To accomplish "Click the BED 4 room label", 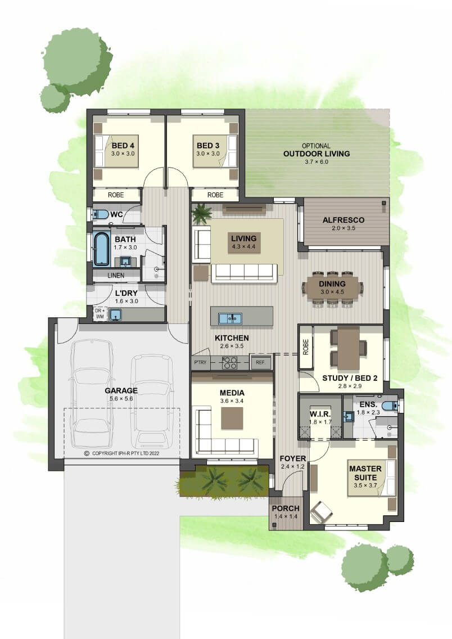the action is coord(123,146).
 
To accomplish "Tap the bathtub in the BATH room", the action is coord(101,249).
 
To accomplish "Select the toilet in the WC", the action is coord(100,214).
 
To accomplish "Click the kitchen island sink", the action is coord(230,318).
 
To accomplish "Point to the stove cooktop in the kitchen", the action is coord(230,362).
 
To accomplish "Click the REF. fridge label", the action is coord(260,362).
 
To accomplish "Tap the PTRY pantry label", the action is coord(200,362).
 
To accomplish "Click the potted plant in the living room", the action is coord(202,213).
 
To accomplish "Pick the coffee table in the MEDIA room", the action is coord(232,418).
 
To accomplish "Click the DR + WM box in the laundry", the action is coord(100,313).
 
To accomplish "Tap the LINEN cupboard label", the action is coord(116,276).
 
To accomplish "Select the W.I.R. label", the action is coord(320,414).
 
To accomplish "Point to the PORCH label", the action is coord(286,508).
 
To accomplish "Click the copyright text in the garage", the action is coord(122,453).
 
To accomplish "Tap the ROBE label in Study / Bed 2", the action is coord(306,347).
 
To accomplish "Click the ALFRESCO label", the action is coord(343,220).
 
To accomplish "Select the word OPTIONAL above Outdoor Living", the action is coord(317,146).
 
